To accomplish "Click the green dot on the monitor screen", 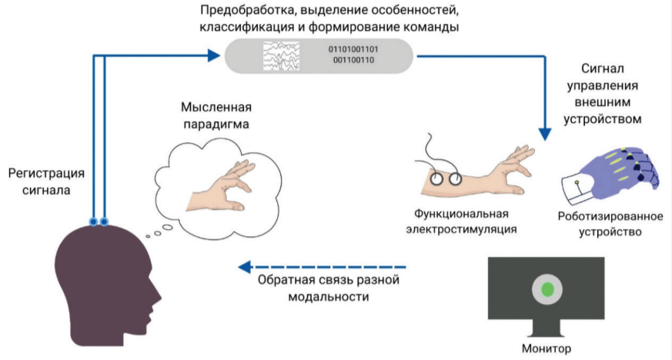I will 548,290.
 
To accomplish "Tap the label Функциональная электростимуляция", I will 461,220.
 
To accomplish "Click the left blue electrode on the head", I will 93,222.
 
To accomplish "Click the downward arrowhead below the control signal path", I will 546,132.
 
